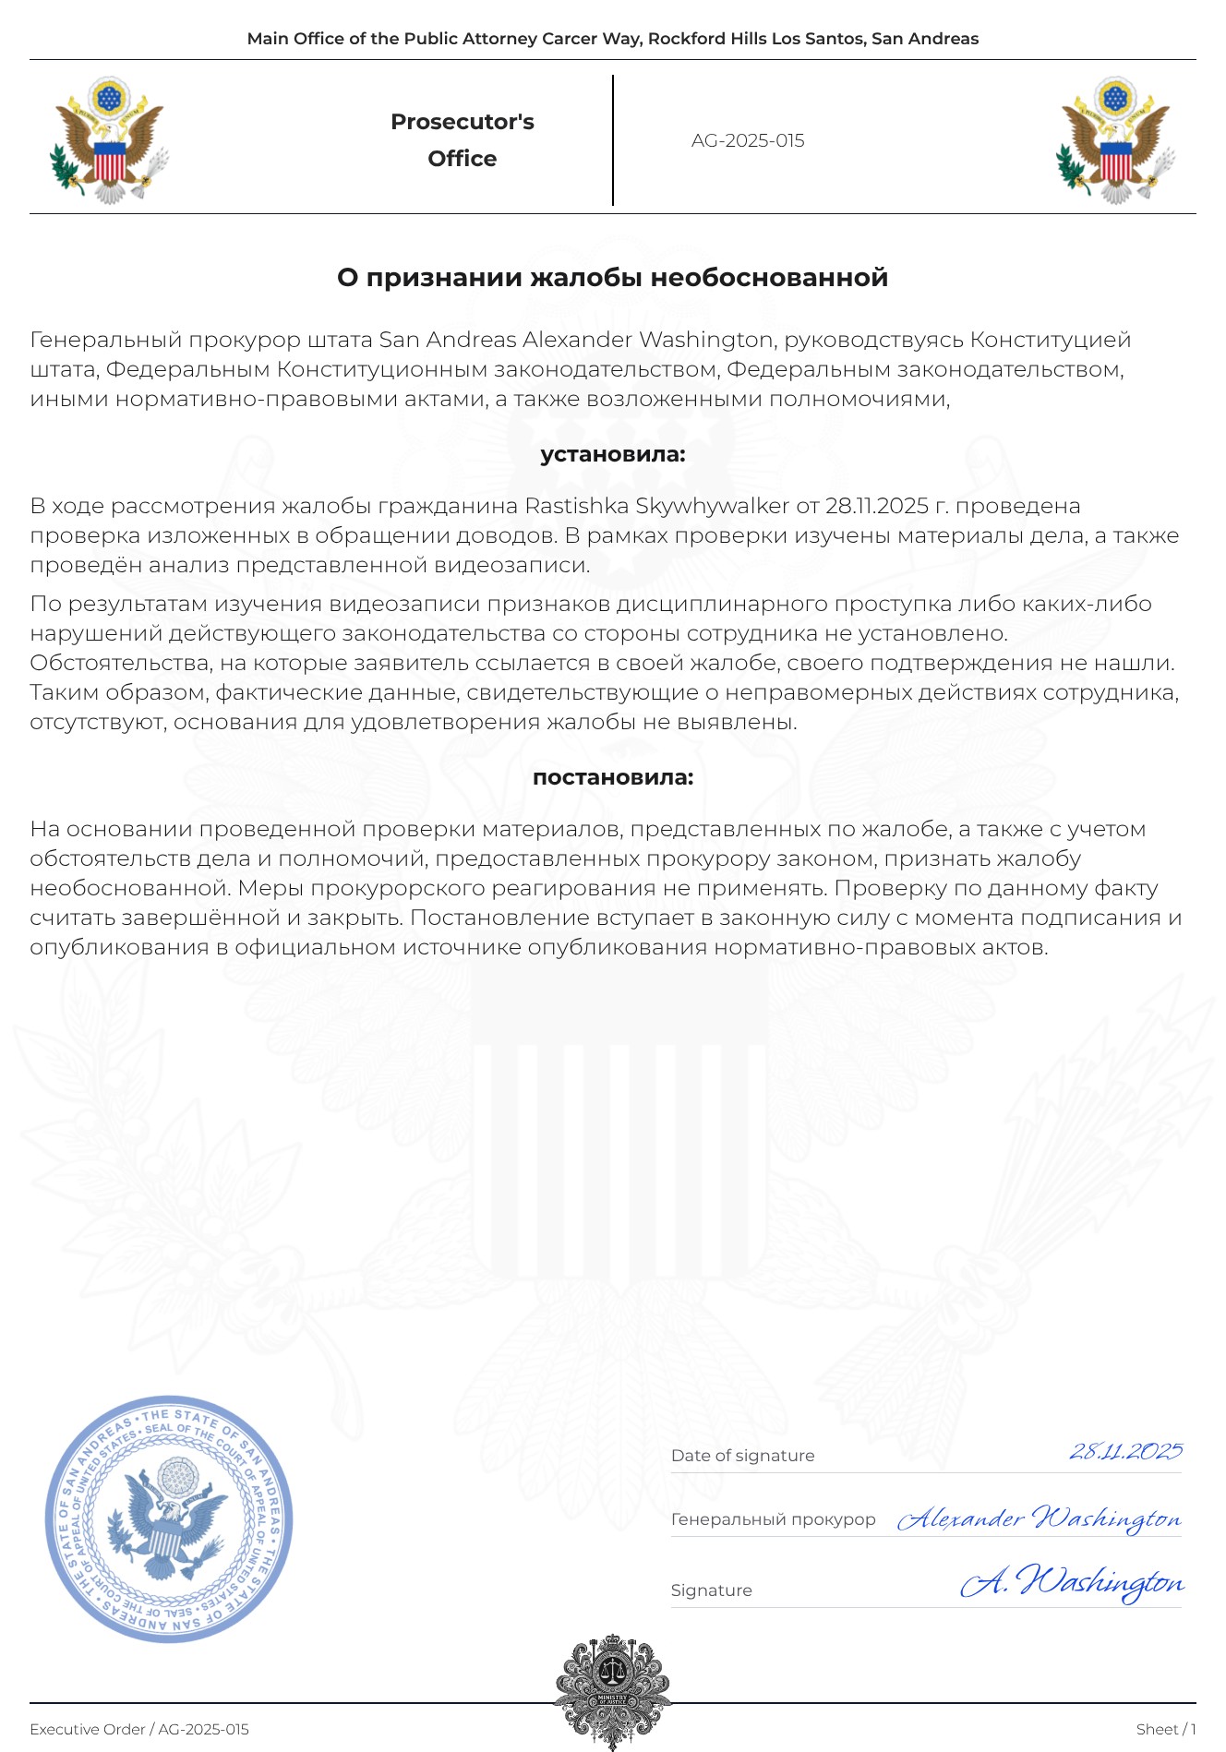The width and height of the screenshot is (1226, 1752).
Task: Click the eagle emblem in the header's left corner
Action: (x=109, y=140)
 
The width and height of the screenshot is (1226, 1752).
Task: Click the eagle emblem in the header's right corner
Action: (x=1115, y=140)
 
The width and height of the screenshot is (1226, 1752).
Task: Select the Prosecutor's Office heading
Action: (x=462, y=140)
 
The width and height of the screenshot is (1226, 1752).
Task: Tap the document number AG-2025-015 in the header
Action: (x=748, y=141)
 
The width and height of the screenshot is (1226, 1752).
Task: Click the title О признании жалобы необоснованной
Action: (x=612, y=278)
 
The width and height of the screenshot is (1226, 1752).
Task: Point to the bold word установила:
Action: (x=612, y=454)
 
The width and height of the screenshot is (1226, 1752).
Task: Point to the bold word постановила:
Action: (x=612, y=777)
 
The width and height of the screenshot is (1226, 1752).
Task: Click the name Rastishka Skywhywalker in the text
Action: (x=656, y=506)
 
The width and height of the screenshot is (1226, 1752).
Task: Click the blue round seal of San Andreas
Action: (x=169, y=1518)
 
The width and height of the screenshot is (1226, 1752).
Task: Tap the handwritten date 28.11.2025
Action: (x=1125, y=1451)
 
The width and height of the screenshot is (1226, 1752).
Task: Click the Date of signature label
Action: (x=742, y=1456)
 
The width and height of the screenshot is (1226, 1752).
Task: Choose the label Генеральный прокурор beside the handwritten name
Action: (x=773, y=1519)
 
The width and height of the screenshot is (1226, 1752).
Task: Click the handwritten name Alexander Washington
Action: (x=1039, y=1518)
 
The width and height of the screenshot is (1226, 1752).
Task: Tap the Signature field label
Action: (x=711, y=1590)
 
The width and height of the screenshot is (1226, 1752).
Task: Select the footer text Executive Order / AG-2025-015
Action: (x=139, y=1730)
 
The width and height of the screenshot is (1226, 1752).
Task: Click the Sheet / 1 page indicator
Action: (x=1166, y=1730)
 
